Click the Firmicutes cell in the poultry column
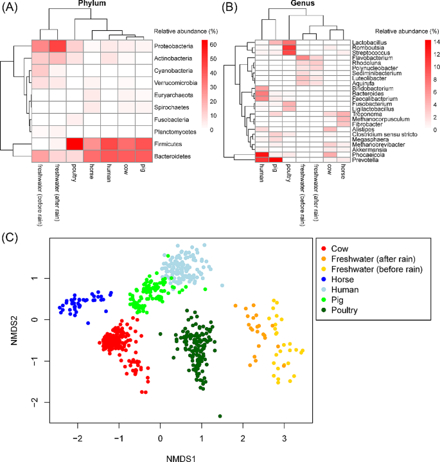pyautogui.click(x=75, y=143)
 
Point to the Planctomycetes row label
pyautogui.click(x=174, y=132)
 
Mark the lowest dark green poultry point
pyautogui.click(x=220, y=416)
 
